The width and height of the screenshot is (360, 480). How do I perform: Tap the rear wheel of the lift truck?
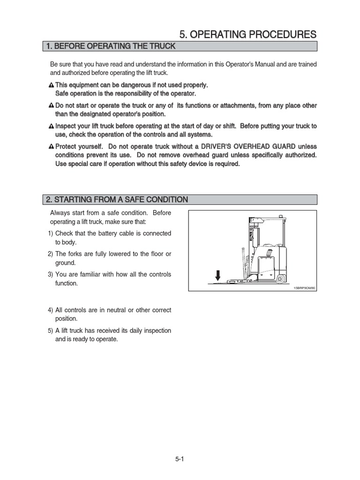pos(280,279)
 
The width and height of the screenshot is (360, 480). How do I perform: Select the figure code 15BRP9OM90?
pos(305,288)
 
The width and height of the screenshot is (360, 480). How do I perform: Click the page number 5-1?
pos(180,459)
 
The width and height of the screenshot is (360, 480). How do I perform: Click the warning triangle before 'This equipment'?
pos(52,85)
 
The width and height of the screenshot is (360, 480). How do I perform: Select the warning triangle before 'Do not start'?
pos(52,106)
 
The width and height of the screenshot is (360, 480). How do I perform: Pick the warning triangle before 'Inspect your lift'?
pos(52,127)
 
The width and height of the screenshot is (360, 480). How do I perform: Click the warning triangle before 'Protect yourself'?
pos(52,147)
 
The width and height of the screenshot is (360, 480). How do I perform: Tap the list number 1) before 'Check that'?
pos(50,233)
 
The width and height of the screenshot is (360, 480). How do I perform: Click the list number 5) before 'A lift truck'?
pos(50,330)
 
